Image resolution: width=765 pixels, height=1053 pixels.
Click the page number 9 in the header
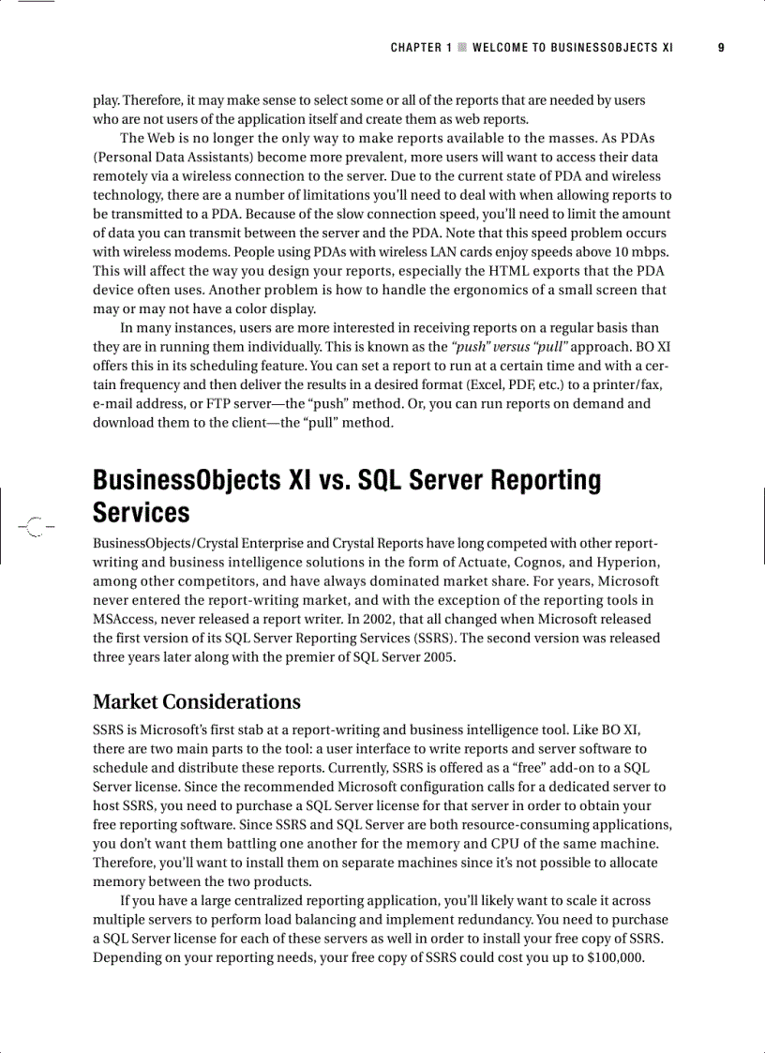pyautogui.click(x=721, y=47)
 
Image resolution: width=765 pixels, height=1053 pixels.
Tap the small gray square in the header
pyautogui.click(x=461, y=47)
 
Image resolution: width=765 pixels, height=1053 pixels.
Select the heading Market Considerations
pyautogui.click(x=197, y=701)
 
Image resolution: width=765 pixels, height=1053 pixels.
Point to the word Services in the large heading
pyautogui.click(x=141, y=513)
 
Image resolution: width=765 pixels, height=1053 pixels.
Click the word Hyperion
pyautogui.click(x=627, y=562)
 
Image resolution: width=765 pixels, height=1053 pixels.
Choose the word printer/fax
pyautogui.click(x=636, y=384)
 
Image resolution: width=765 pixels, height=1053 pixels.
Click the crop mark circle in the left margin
pyautogui.click(x=35, y=527)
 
